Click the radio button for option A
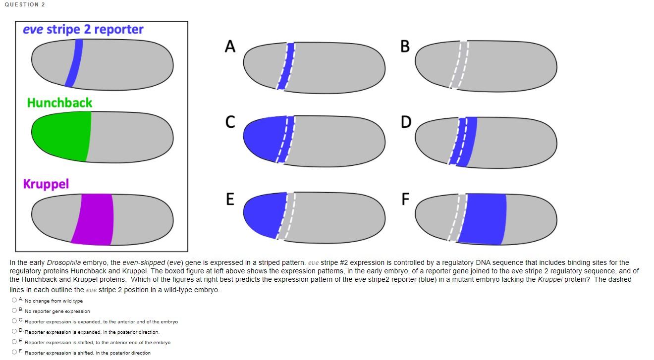[x=14, y=300]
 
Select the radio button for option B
[x=14, y=310]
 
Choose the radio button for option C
[x=14, y=321]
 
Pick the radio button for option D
[x=14, y=331]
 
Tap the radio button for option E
[x=14, y=342]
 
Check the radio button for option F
[x=14, y=352]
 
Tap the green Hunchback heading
[x=59, y=103]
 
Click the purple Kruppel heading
[x=46, y=184]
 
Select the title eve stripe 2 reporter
[x=83, y=30]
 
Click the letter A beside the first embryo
[x=230, y=46]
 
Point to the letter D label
[x=405, y=122]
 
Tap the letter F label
[x=405, y=199]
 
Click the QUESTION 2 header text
[x=25, y=4]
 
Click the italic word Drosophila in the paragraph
[x=64, y=262]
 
